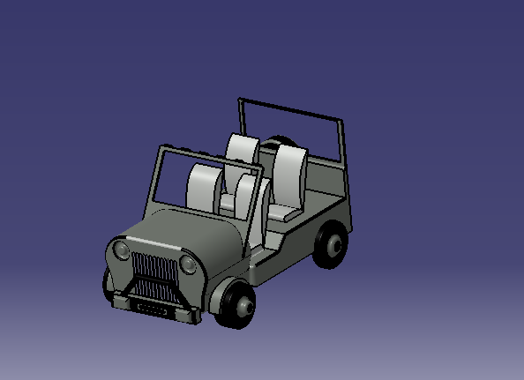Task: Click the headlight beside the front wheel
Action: (188, 265)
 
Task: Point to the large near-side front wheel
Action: (236, 305)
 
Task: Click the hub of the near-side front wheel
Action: (243, 306)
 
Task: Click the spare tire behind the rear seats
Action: (281, 144)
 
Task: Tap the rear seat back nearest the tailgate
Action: (288, 173)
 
